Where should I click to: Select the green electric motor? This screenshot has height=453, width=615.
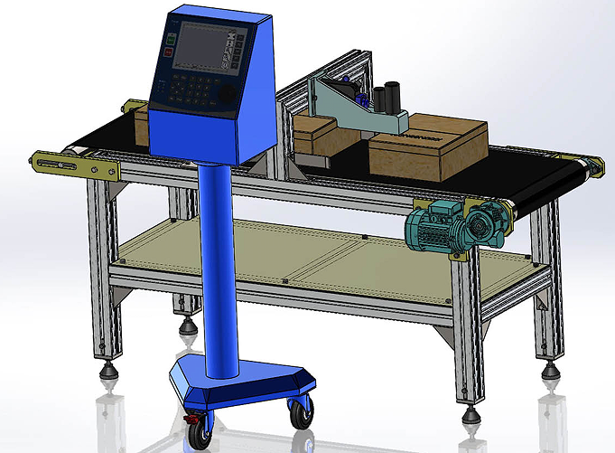(431, 226)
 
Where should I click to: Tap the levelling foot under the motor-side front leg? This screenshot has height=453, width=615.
(471, 414)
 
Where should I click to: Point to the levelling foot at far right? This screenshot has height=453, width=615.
(547, 371)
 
